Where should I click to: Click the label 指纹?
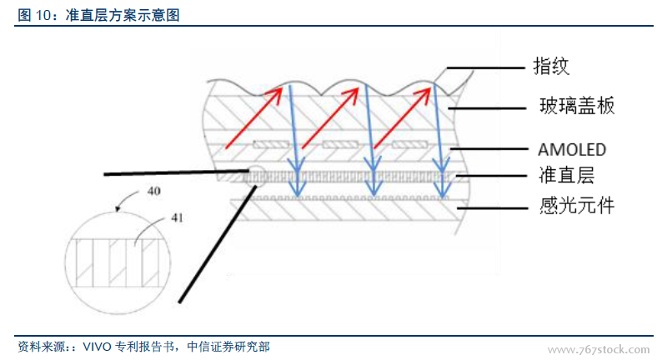click(551, 66)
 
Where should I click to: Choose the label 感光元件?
click(576, 204)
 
